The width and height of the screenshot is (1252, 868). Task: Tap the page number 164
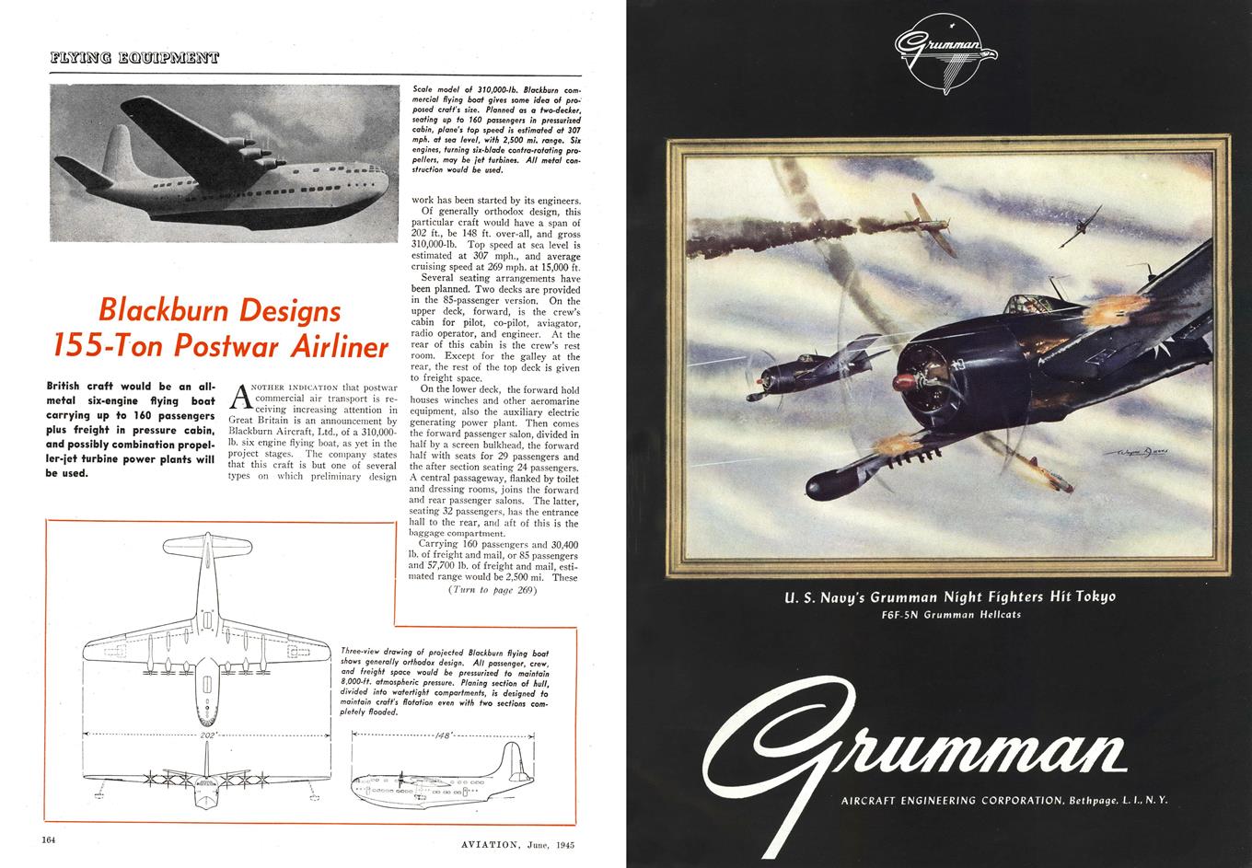(49, 839)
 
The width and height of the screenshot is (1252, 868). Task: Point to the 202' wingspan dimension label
(206, 735)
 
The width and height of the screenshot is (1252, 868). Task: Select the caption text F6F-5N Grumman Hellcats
(950, 614)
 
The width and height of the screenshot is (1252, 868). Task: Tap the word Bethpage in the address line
(1095, 800)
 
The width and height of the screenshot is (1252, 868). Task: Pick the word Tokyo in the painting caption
(1091, 596)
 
